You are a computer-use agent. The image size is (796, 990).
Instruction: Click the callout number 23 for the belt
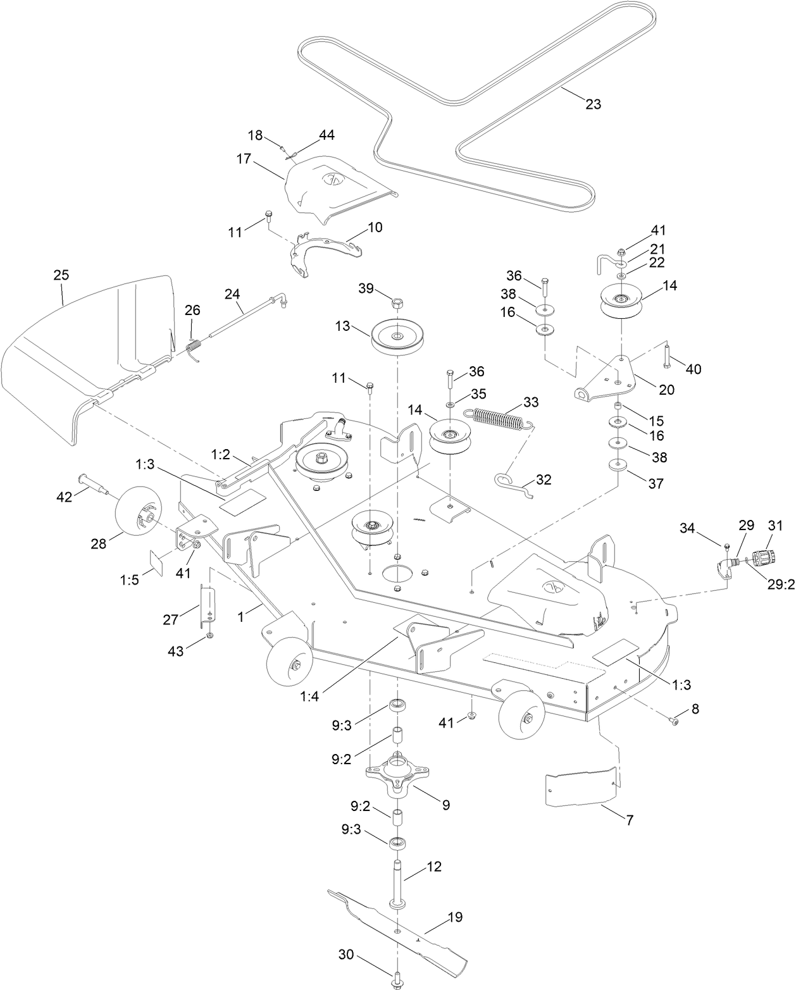point(593,104)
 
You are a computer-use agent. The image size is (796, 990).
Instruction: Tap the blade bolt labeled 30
point(397,978)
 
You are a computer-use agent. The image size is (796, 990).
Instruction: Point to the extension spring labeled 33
point(500,419)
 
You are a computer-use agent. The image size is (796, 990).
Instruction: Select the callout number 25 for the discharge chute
point(61,275)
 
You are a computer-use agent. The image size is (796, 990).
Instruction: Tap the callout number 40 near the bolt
point(693,369)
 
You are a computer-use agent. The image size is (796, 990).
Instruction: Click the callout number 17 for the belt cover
point(244,159)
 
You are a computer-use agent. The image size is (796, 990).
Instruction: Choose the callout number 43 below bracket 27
point(176,650)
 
